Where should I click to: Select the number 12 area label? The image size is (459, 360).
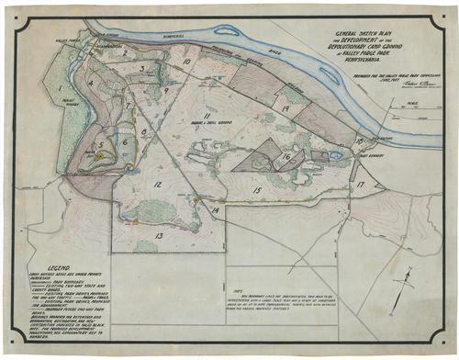coord(157,185)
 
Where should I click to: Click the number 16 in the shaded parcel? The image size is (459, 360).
coord(286,157)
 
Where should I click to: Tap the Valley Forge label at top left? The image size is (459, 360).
coord(74,40)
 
